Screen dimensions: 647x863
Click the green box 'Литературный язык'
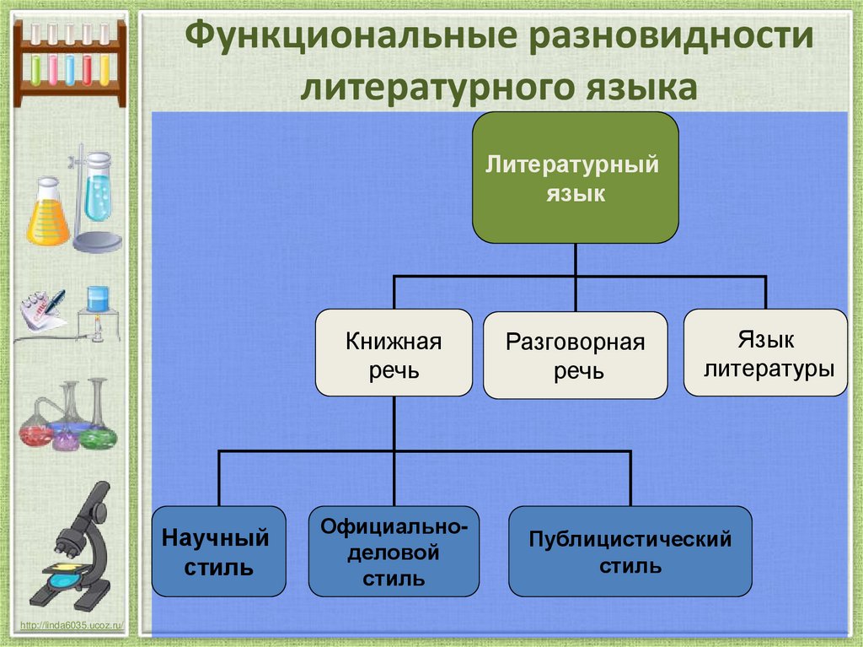(575, 178)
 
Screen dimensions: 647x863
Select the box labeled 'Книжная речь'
(394, 353)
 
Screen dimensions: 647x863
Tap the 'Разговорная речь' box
(575, 355)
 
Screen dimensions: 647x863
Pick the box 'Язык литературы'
(765, 353)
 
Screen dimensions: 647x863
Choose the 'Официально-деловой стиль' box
(394, 552)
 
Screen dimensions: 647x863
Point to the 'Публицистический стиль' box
(630, 551)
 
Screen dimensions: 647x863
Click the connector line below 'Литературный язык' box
(575, 260)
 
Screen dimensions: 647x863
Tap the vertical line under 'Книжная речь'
(394, 423)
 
